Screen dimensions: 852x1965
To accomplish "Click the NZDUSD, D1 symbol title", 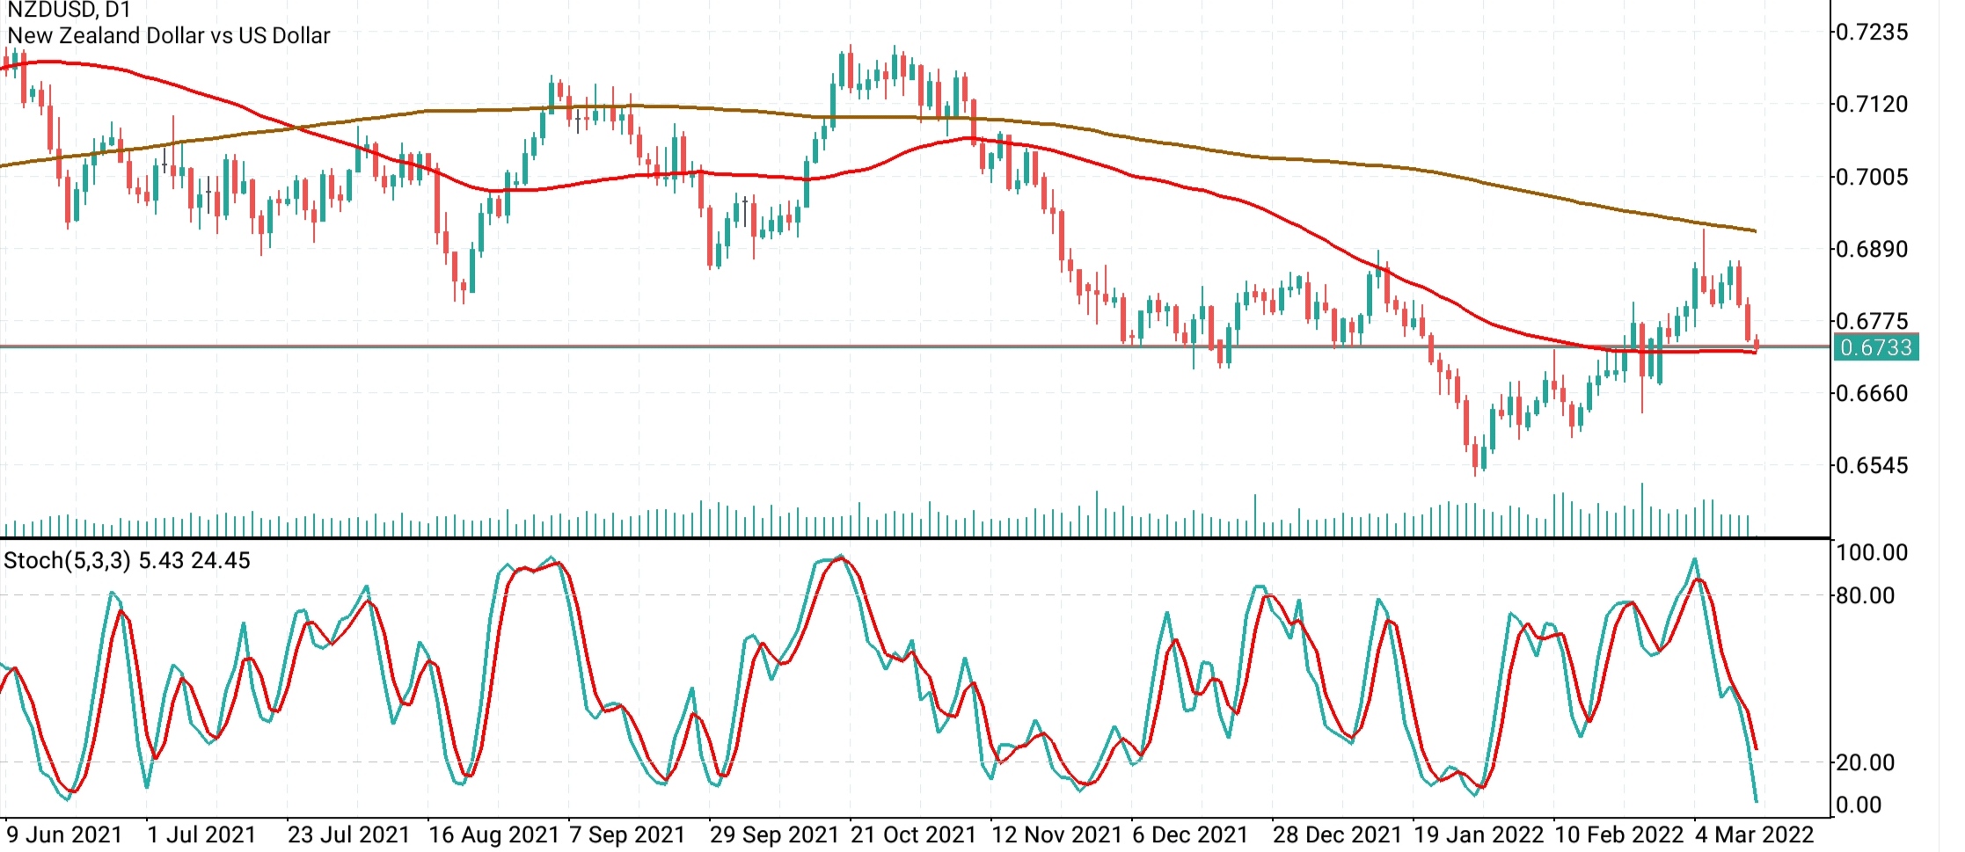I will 69,11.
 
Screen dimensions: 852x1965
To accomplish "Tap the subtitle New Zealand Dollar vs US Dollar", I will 168,36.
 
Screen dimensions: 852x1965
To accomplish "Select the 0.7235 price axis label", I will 1872,33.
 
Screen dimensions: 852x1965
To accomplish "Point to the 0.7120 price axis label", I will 1872,105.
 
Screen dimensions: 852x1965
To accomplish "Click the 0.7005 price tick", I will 1872,178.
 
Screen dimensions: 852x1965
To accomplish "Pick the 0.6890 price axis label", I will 1872,250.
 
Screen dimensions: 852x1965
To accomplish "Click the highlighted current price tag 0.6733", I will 1875,347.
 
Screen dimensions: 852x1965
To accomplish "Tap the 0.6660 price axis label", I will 1872,394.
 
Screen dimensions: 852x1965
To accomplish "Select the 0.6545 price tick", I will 1872,466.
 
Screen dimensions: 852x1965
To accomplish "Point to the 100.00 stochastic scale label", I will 1872,553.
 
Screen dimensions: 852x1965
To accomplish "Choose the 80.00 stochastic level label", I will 1865,596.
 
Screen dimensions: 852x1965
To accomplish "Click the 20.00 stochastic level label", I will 1865,763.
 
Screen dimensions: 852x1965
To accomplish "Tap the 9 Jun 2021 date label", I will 64,834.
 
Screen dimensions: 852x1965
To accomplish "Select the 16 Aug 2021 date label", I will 493,834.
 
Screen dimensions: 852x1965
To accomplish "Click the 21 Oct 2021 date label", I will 913,834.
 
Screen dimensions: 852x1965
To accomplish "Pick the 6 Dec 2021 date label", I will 1190,834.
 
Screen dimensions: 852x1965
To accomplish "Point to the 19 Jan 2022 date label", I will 1478,834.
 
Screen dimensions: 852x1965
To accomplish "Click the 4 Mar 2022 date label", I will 1754,834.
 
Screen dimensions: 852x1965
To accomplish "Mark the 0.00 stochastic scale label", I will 1859,805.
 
